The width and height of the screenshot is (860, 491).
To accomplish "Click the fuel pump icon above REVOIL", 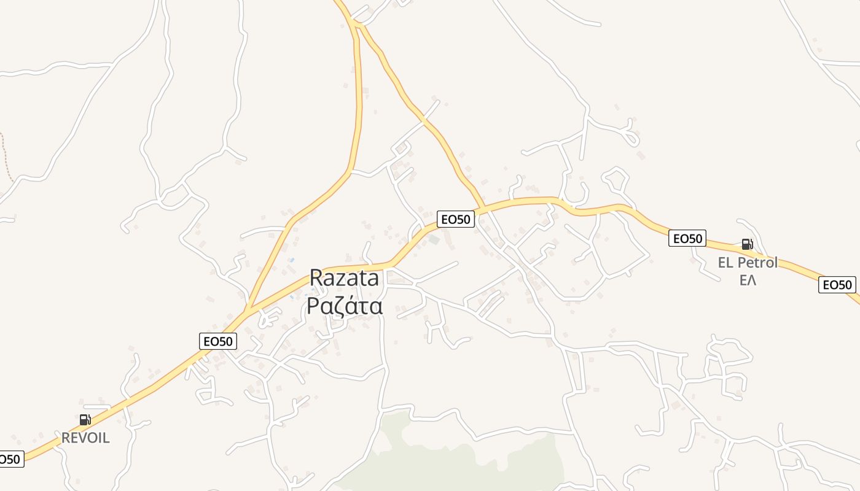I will pos(85,420).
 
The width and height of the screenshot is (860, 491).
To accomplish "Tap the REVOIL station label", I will pos(85,438).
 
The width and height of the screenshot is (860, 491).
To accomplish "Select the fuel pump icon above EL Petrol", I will pos(747,244).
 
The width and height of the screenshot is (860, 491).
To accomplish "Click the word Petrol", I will pos(757,263).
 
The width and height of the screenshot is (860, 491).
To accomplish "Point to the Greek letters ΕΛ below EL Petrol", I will pos(748,280).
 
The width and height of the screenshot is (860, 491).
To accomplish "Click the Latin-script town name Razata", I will pos(344,278).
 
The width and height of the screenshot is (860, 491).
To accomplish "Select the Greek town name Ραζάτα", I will pos(345,305).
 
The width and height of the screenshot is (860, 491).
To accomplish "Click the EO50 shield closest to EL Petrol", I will pos(687,238).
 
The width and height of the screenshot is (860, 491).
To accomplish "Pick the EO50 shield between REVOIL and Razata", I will pos(218,341).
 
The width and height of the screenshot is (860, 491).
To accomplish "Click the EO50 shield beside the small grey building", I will pos(456,219).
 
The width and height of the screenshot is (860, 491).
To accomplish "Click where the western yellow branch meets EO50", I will pos(248,310).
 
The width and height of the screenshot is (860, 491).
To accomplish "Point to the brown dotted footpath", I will pos(6,157).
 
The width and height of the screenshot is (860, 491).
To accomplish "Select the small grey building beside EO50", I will pos(434,239).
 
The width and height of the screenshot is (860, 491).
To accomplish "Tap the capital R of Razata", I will pos(316,278).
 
